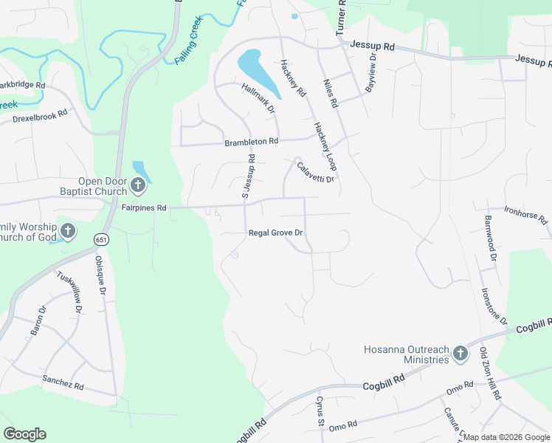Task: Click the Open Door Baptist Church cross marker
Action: (x=138, y=185)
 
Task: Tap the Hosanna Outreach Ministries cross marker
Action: (x=460, y=354)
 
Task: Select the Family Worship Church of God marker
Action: (x=67, y=231)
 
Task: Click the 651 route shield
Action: (x=101, y=238)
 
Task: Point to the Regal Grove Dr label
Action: (x=277, y=233)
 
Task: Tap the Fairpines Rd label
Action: (x=144, y=208)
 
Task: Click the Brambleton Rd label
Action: (x=252, y=141)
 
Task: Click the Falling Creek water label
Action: (x=188, y=45)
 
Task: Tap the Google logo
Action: (x=24, y=434)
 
